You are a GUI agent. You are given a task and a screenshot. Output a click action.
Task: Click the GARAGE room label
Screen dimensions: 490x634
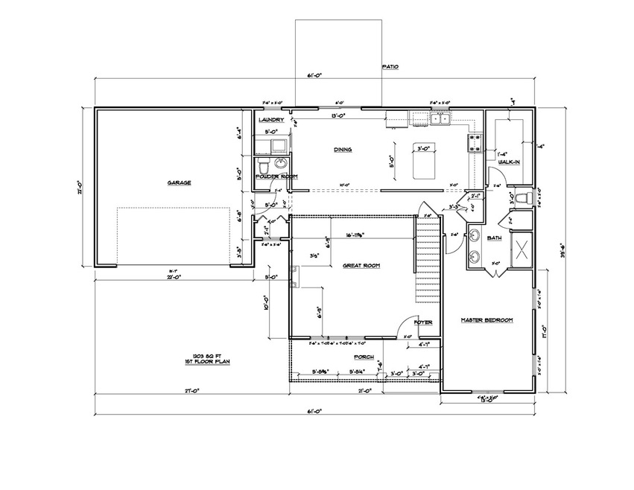179,182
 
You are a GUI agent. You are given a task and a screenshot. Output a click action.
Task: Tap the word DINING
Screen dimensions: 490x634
343,150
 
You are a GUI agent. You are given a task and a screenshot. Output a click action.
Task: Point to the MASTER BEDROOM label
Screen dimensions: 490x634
487,320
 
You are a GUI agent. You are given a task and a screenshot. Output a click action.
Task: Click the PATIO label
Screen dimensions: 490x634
390,67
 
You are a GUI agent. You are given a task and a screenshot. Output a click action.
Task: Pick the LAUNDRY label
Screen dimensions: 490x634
270,120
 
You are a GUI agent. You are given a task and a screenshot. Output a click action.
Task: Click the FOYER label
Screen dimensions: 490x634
423,322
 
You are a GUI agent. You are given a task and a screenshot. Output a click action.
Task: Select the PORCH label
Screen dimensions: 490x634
363,357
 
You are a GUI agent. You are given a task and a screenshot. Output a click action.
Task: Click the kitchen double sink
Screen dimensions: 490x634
440,118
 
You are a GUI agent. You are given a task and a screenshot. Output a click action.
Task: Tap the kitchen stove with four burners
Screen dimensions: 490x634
473,142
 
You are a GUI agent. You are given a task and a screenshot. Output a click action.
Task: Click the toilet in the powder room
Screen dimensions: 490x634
262,165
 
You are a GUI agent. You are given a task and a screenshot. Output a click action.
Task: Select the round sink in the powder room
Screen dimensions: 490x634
281,163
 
